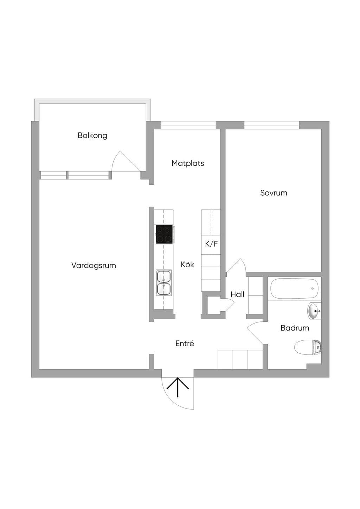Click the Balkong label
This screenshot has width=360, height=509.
click(92, 136)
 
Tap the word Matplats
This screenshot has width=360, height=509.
click(188, 163)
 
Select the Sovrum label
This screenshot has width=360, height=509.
click(274, 193)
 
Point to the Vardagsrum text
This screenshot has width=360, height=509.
click(94, 266)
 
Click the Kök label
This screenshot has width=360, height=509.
click(187, 265)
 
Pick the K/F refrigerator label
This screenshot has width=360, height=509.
click(211, 244)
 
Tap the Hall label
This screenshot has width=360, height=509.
click(237, 294)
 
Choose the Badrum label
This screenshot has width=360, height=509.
click(295, 328)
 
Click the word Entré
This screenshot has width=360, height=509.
click(185, 343)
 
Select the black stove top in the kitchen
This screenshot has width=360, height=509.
click(164, 234)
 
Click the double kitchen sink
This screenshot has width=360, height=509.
click(164, 283)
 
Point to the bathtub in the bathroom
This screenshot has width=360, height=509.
click(294, 288)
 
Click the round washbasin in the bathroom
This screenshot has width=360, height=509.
click(314, 311)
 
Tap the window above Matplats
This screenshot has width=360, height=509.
click(188, 125)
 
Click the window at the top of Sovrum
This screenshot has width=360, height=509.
click(271, 125)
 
